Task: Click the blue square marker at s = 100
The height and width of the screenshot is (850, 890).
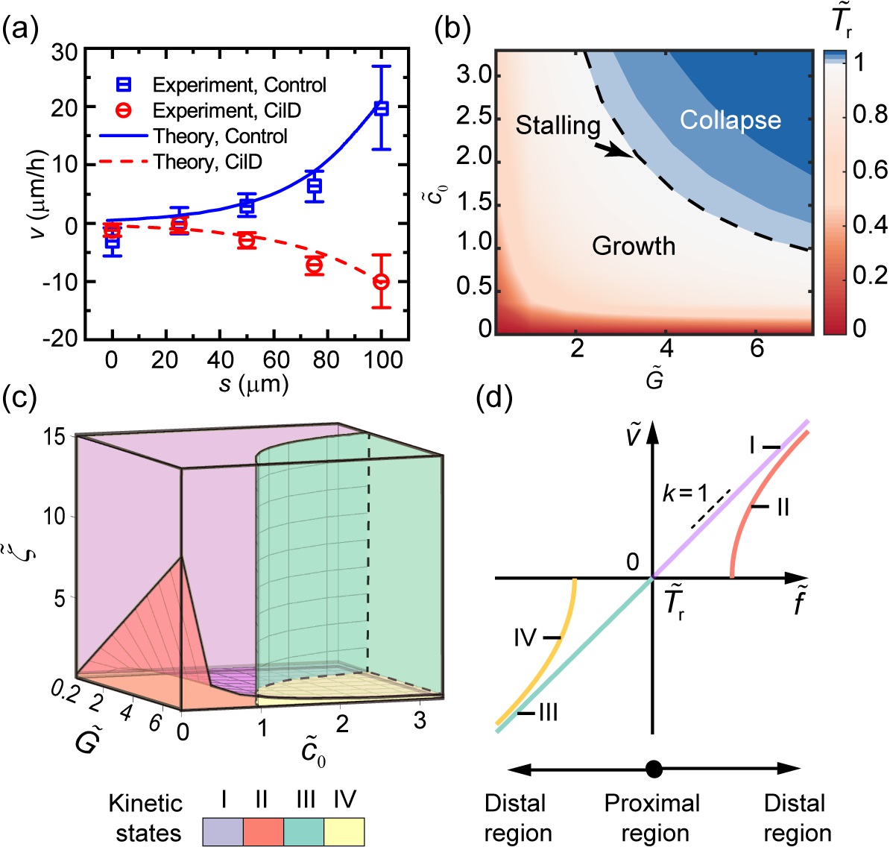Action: (x=382, y=108)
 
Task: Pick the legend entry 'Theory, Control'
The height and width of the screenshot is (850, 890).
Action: (x=220, y=136)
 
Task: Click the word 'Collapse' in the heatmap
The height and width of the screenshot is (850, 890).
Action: (x=730, y=120)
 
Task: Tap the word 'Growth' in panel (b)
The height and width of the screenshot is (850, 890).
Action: (x=634, y=245)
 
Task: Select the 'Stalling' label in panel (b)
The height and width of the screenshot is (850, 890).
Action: (x=558, y=125)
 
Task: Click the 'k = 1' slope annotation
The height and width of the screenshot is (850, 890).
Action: (x=685, y=493)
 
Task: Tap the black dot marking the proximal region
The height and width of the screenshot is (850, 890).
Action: (x=654, y=769)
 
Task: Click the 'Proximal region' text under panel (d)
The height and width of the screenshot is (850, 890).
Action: (x=652, y=818)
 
